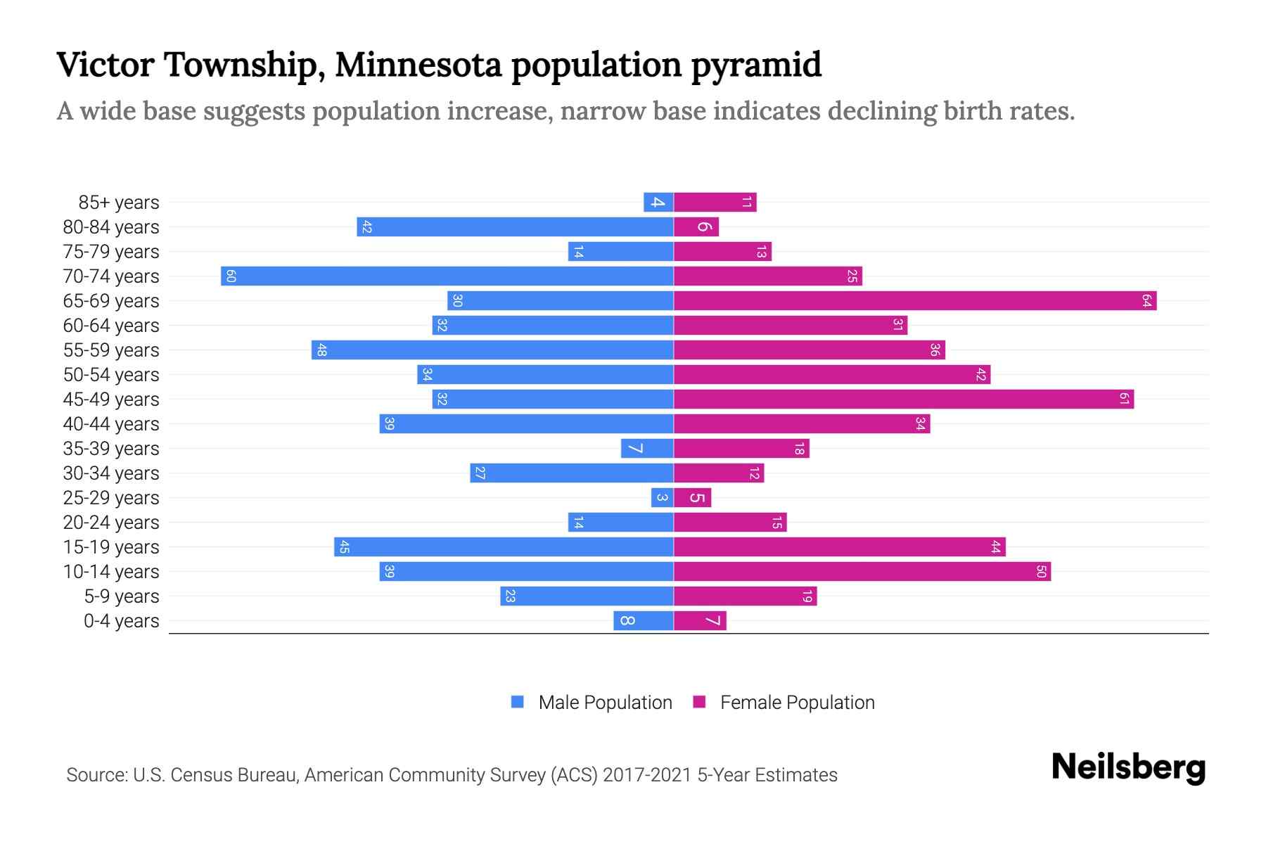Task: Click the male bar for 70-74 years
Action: coord(447,276)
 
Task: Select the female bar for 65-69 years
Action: coord(915,301)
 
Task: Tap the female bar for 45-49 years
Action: coord(904,399)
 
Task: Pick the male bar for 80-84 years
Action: coord(516,227)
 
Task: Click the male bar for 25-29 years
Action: coord(663,498)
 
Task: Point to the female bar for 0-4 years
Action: coord(700,621)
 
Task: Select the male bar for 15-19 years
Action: coord(504,547)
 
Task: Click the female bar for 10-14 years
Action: coord(862,572)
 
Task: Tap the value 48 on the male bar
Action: coord(321,350)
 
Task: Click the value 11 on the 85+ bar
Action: coord(747,203)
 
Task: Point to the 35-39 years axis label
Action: coord(111,449)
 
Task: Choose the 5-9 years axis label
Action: coord(122,596)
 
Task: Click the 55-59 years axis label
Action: coord(111,350)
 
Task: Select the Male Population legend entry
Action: coord(592,703)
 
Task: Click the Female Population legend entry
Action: coord(784,703)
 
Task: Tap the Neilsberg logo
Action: coord(1128,767)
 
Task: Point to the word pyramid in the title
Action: coord(756,65)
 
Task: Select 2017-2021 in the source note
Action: coord(647,775)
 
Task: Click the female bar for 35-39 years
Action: coord(741,449)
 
